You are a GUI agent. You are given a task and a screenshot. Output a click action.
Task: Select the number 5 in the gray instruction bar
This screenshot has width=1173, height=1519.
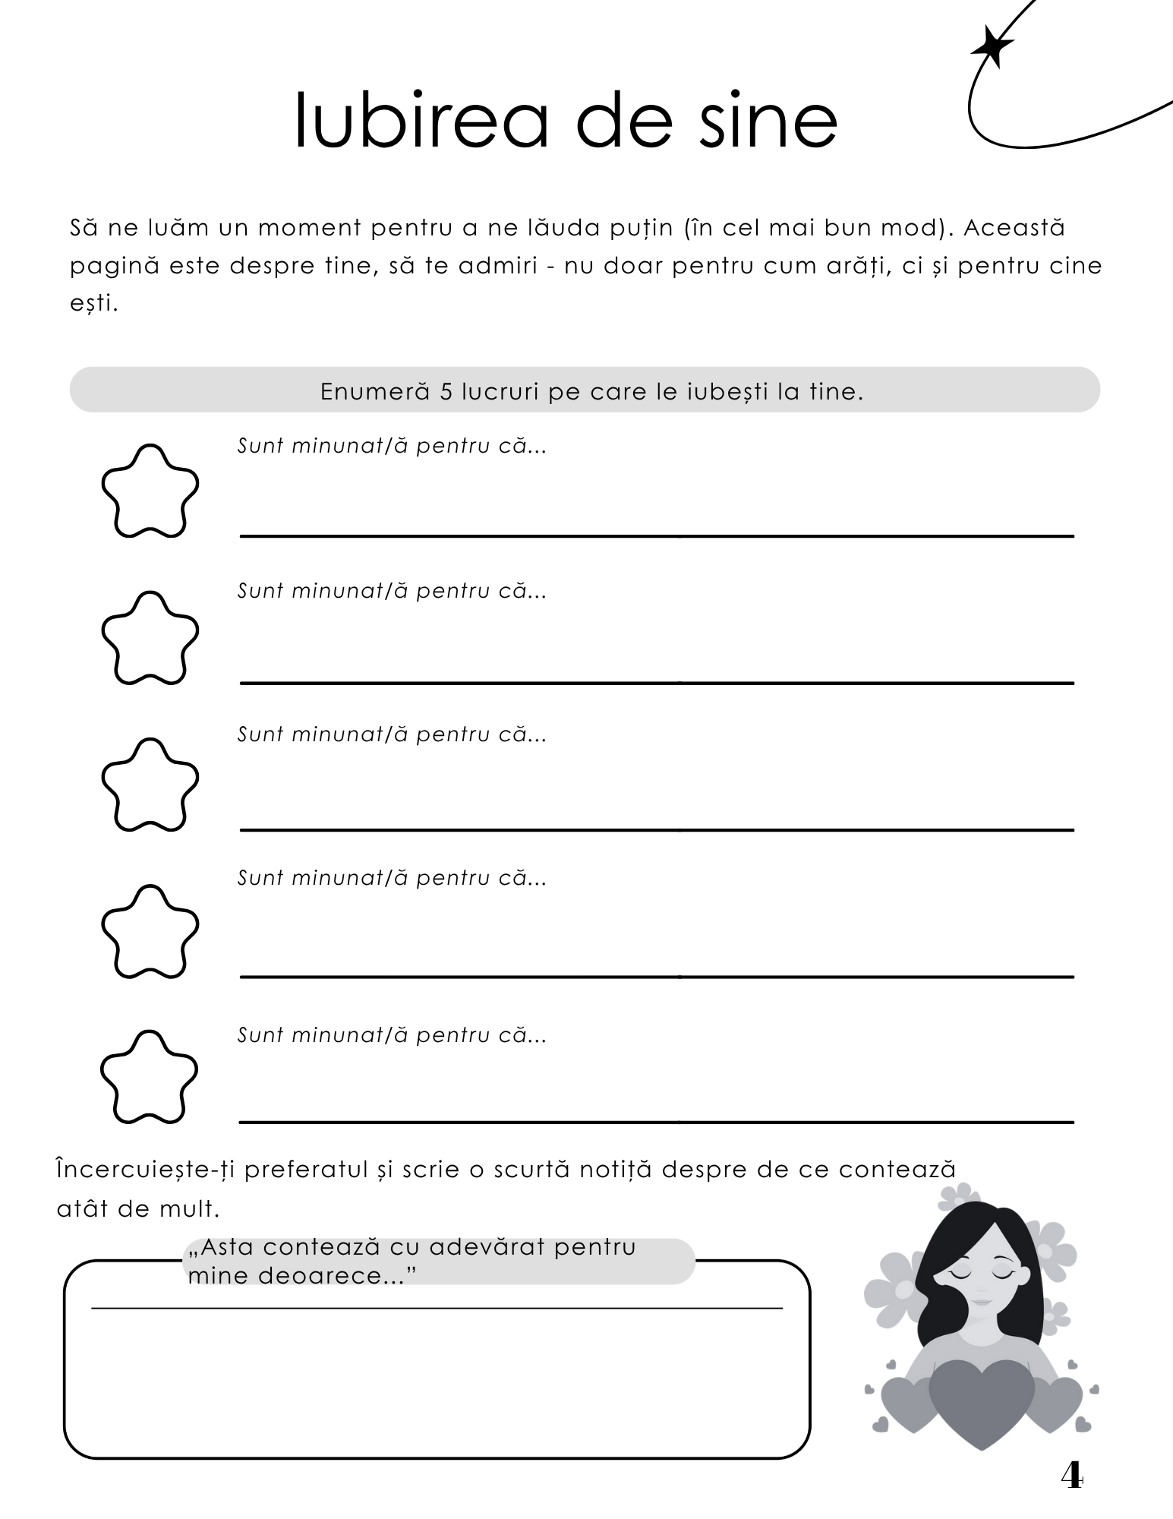(x=446, y=392)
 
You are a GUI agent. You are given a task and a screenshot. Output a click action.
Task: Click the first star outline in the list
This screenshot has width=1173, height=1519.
(x=150, y=491)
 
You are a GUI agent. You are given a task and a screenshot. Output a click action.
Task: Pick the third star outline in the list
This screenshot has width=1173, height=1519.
(x=150, y=785)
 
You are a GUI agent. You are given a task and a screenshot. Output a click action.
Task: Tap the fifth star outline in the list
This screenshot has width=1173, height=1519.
(x=150, y=1077)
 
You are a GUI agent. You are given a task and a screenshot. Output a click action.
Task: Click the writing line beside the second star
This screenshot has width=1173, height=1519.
(x=657, y=683)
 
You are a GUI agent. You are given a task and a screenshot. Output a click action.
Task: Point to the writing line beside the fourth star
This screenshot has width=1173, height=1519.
(x=657, y=976)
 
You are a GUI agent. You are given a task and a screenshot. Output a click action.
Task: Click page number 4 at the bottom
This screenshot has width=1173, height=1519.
(x=1071, y=1476)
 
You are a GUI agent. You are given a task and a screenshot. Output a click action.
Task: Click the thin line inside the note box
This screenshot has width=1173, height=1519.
(x=437, y=1308)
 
